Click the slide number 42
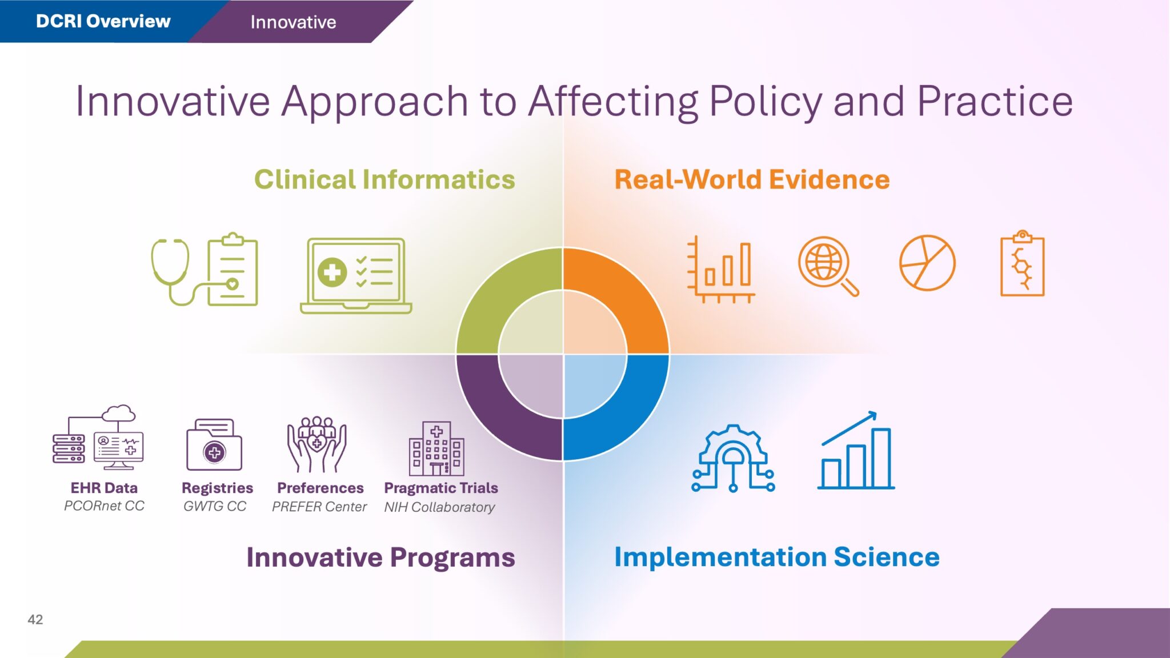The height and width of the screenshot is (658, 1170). click(x=35, y=620)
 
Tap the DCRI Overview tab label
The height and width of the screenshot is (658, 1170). click(x=103, y=21)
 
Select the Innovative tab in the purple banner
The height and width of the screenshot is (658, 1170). click(x=293, y=22)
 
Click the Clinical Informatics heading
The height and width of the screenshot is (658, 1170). click(x=384, y=179)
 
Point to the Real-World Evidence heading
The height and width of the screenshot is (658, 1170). click(x=752, y=179)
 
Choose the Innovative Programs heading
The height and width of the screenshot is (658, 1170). click(x=380, y=557)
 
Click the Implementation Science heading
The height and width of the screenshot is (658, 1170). click(x=776, y=557)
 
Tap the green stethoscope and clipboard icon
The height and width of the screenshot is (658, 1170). click(x=205, y=269)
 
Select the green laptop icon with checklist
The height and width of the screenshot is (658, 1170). click(x=356, y=275)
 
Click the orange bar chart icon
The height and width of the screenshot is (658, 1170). click(x=721, y=269)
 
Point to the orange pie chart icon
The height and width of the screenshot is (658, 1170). click(x=927, y=263)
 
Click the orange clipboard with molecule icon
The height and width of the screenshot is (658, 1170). click(x=1023, y=263)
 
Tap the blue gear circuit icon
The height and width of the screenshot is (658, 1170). click(x=734, y=458)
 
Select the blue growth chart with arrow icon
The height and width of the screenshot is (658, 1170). click(x=856, y=450)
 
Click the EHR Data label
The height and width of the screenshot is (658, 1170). click(x=104, y=488)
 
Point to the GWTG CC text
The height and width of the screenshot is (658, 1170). click(x=215, y=506)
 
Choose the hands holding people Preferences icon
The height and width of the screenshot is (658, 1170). click(x=317, y=444)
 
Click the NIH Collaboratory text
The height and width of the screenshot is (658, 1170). click(x=439, y=507)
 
